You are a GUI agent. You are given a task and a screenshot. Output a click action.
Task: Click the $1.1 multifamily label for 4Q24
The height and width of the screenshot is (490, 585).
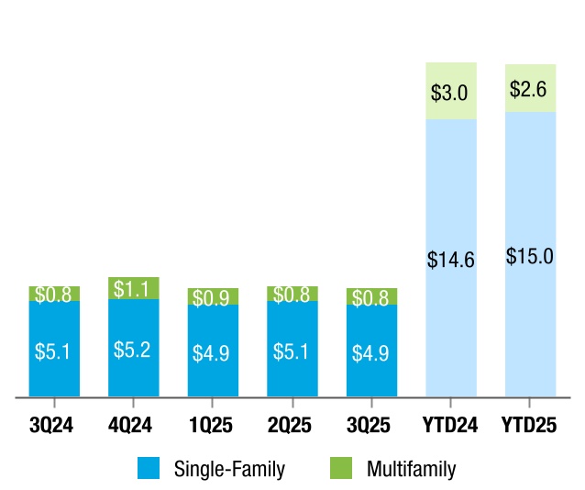133,289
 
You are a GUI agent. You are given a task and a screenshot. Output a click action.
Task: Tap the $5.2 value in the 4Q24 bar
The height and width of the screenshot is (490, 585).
133,350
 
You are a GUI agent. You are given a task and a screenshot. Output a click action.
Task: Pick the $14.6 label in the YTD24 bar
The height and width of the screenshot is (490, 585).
451,260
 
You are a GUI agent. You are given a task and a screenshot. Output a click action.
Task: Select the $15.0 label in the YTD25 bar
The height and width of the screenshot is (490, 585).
530,256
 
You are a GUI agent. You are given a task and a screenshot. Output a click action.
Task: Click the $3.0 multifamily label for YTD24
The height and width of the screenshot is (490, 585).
451,93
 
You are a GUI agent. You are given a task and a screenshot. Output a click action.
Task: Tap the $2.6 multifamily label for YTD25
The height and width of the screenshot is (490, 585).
530,90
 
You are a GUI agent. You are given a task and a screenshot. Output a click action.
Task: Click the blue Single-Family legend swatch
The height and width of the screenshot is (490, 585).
149,469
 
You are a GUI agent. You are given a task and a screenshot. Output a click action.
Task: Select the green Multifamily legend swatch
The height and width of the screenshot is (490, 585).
340,469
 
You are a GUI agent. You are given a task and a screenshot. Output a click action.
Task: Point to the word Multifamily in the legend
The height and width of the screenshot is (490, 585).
411,470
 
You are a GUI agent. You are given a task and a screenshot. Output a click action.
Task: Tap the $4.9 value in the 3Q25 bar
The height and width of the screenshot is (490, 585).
371,352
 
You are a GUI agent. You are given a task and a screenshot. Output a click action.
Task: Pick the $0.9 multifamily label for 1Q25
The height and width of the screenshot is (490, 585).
213,297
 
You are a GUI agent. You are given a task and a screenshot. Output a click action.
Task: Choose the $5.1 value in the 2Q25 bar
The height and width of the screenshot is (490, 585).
292,351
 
